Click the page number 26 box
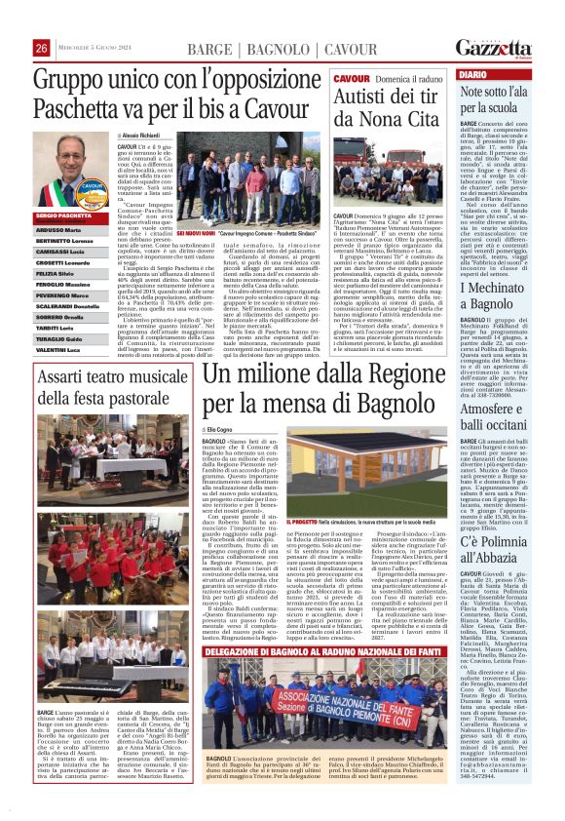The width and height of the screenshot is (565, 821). (42, 49)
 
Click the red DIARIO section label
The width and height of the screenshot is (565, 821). (472, 74)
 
